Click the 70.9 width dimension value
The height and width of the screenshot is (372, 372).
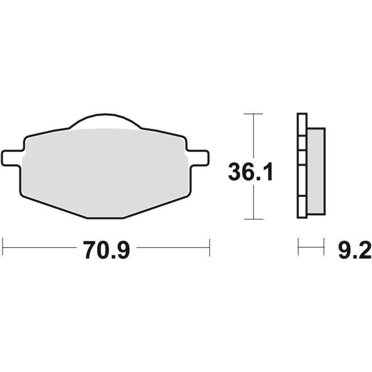click(107, 252)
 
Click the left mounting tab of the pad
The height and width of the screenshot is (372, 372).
click(12, 158)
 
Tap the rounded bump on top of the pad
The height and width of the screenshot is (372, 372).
click(106, 120)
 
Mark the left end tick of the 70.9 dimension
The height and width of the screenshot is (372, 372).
click(4, 247)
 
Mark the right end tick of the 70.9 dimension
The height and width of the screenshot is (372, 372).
click(209, 247)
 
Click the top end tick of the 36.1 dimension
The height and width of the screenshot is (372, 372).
click(254, 113)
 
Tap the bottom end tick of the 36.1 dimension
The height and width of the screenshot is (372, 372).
click(254, 219)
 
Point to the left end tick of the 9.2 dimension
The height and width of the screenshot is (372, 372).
click(299, 247)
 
